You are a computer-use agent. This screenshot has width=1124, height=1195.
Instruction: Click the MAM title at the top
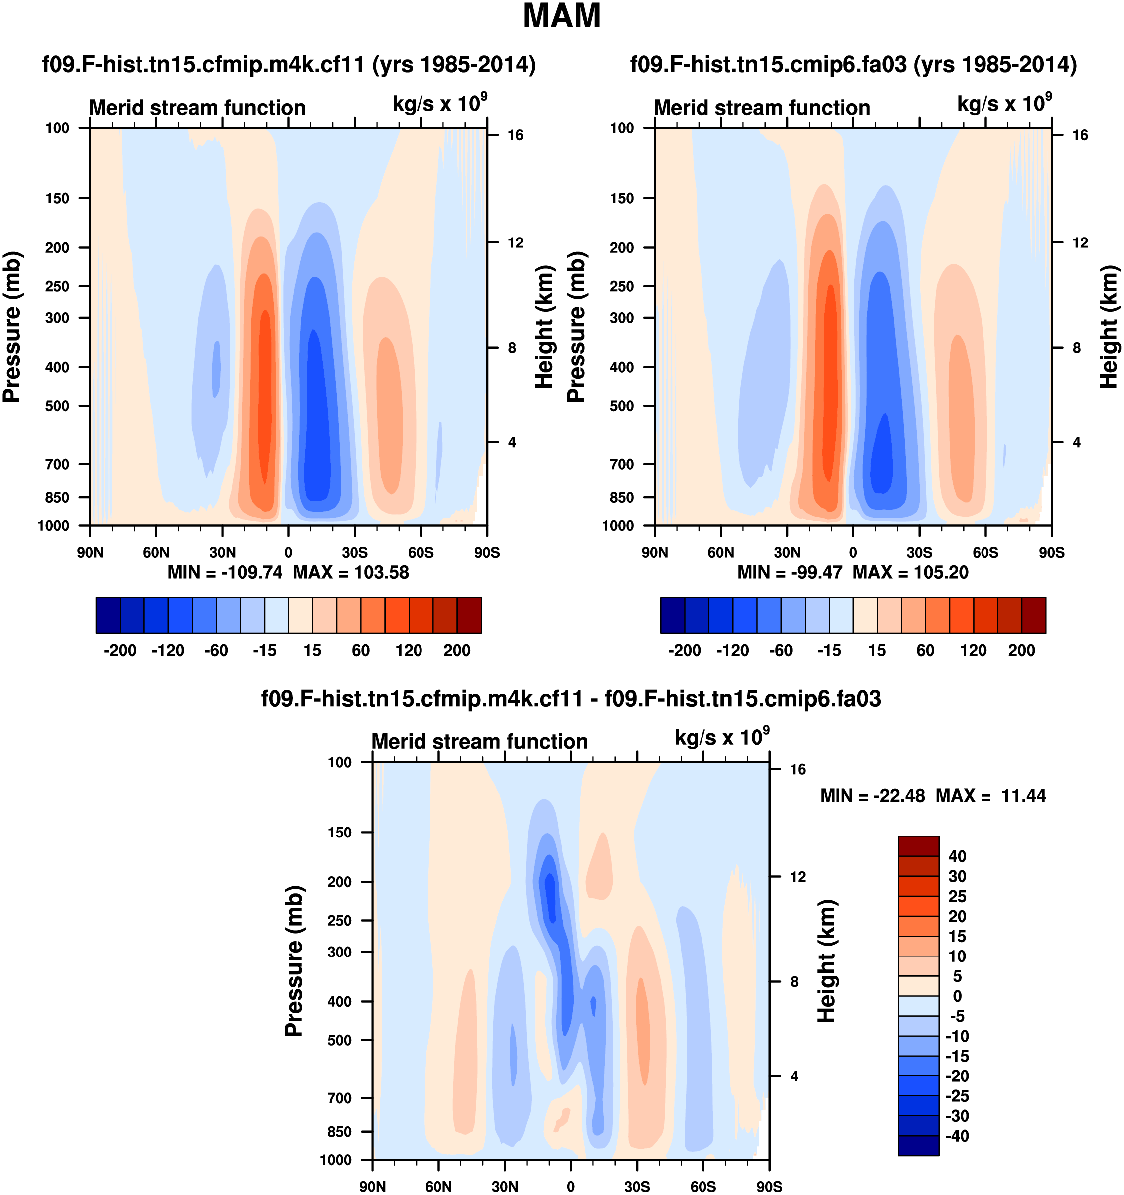click(x=561, y=16)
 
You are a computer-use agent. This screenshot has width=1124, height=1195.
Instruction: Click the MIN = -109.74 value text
click(x=224, y=572)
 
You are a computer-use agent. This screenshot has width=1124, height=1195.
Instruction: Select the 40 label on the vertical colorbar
click(x=957, y=856)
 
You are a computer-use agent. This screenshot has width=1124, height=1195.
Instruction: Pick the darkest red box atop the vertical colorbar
click(x=918, y=846)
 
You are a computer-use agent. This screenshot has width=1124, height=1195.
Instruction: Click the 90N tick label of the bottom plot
click(x=372, y=1186)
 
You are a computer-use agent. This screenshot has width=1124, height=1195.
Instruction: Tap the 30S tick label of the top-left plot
click(x=355, y=552)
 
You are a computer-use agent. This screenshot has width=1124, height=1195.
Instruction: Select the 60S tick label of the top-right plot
click(x=985, y=552)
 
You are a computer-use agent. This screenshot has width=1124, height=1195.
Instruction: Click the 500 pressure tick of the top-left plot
click(x=57, y=406)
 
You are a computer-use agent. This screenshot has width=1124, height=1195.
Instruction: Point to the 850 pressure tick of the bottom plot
click(x=339, y=1132)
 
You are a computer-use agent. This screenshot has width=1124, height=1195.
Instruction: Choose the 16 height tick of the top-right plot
click(x=1080, y=135)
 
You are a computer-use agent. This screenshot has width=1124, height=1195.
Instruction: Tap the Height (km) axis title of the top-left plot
click(x=544, y=327)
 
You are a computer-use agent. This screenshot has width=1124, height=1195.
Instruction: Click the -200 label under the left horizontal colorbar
click(x=119, y=651)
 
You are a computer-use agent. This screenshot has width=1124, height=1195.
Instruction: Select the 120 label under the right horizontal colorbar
click(x=973, y=651)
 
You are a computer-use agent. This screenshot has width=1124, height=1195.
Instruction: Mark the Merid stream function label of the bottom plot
click(x=479, y=742)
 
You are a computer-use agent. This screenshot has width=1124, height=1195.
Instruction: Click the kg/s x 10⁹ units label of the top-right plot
click(x=1004, y=104)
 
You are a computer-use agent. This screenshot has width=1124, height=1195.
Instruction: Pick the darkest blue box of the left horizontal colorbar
click(x=108, y=615)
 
